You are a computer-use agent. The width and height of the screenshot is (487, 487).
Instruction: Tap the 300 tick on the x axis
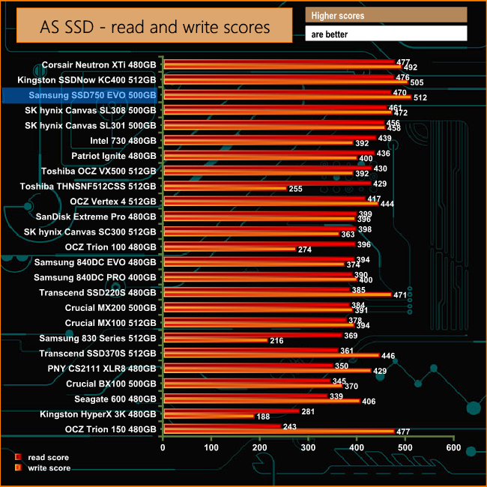[x=308, y=447]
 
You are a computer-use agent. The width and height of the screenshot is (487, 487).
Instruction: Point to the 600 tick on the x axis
[x=453, y=447]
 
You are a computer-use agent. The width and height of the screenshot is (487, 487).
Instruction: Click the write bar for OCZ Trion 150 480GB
[x=278, y=432]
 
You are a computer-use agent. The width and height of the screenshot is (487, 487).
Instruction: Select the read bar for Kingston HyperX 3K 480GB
[x=231, y=411]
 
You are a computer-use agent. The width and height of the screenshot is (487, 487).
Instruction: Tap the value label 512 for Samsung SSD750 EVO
[x=420, y=97]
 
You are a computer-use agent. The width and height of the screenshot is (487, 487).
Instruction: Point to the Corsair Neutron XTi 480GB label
[x=99, y=65]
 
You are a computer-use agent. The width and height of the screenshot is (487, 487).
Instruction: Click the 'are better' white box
[x=386, y=34]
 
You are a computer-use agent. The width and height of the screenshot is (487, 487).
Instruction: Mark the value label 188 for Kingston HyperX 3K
[x=264, y=417]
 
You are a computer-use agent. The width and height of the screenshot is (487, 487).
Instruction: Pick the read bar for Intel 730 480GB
[x=269, y=138]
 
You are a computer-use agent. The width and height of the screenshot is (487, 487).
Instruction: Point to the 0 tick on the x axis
[x=163, y=447]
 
